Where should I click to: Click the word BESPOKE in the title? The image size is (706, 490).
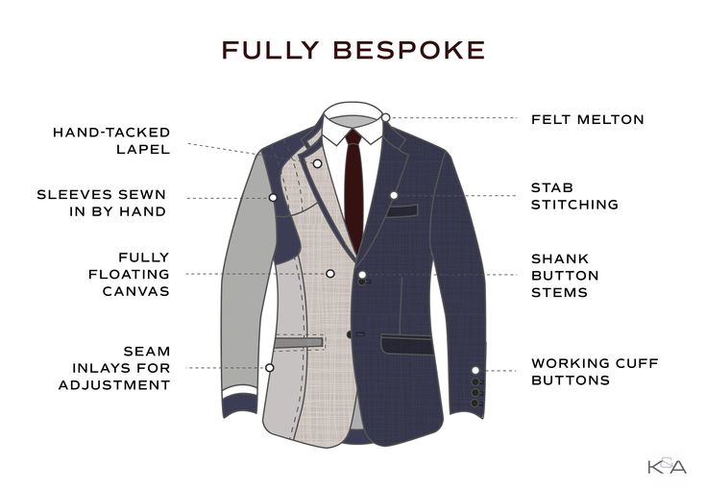tap(409, 50)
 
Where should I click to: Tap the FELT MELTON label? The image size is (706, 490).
tap(588, 119)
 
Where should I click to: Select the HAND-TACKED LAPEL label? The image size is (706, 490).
tap(111, 140)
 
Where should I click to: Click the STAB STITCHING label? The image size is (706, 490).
tap(574, 196)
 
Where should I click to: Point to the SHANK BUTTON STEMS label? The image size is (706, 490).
tap(565, 275)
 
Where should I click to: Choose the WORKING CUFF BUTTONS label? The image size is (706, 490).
tap(595, 372)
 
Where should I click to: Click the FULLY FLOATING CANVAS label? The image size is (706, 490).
tap(130, 274)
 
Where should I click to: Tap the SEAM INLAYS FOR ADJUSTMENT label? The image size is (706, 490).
tap(114, 368)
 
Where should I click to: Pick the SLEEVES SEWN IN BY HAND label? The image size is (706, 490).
tap(102, 203)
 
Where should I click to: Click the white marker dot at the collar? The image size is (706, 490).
tap(386, 117)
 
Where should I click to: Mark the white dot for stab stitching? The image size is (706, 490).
tap(394, 195)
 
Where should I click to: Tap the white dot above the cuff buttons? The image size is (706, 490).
tap(475, 370)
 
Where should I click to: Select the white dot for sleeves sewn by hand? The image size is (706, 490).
tap(273, 197)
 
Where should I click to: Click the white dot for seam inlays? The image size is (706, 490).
tap(270, 368)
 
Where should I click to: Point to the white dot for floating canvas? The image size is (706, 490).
tap(330, 274)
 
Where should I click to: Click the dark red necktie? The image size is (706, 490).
tap(353, 190)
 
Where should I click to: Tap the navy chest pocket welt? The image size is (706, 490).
tap(402, 210)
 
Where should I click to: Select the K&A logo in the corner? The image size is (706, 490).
tap(668, 466)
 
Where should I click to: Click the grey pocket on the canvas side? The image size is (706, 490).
tap(298, 343)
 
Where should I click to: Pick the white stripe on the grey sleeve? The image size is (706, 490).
tap(239, 391)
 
